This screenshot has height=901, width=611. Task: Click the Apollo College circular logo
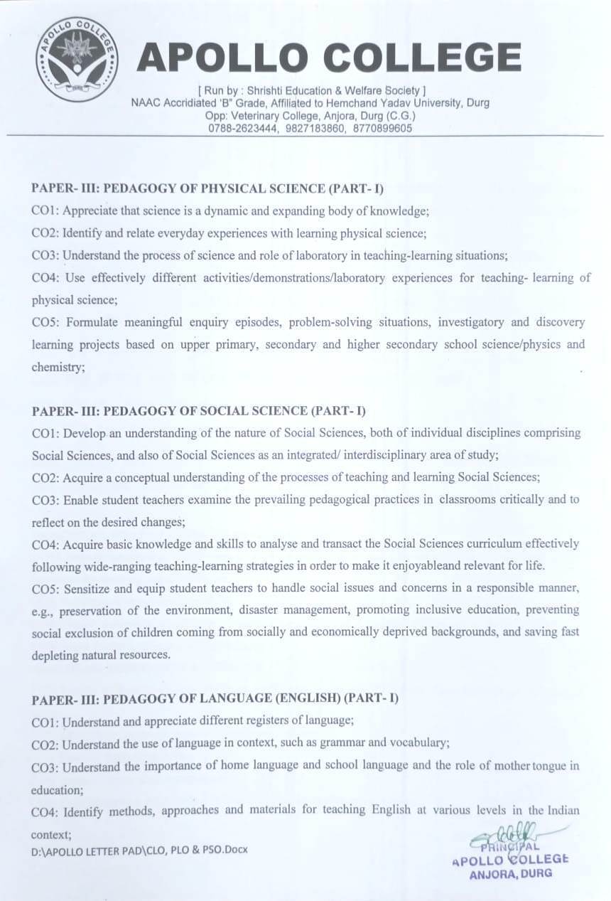point(77,60)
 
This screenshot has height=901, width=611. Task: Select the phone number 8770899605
point(381,128)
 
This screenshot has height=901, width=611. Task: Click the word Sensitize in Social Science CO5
point(89,588)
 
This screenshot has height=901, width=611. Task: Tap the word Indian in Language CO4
point(563,810)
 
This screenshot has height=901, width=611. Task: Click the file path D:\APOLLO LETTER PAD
point(85,850)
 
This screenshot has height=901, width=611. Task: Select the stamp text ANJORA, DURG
point(510,875)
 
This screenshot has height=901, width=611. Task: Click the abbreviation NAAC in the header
point(147,102)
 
